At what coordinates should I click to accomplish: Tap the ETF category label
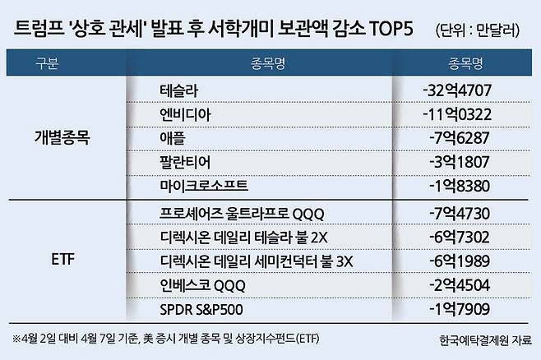tap(61, 261)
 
